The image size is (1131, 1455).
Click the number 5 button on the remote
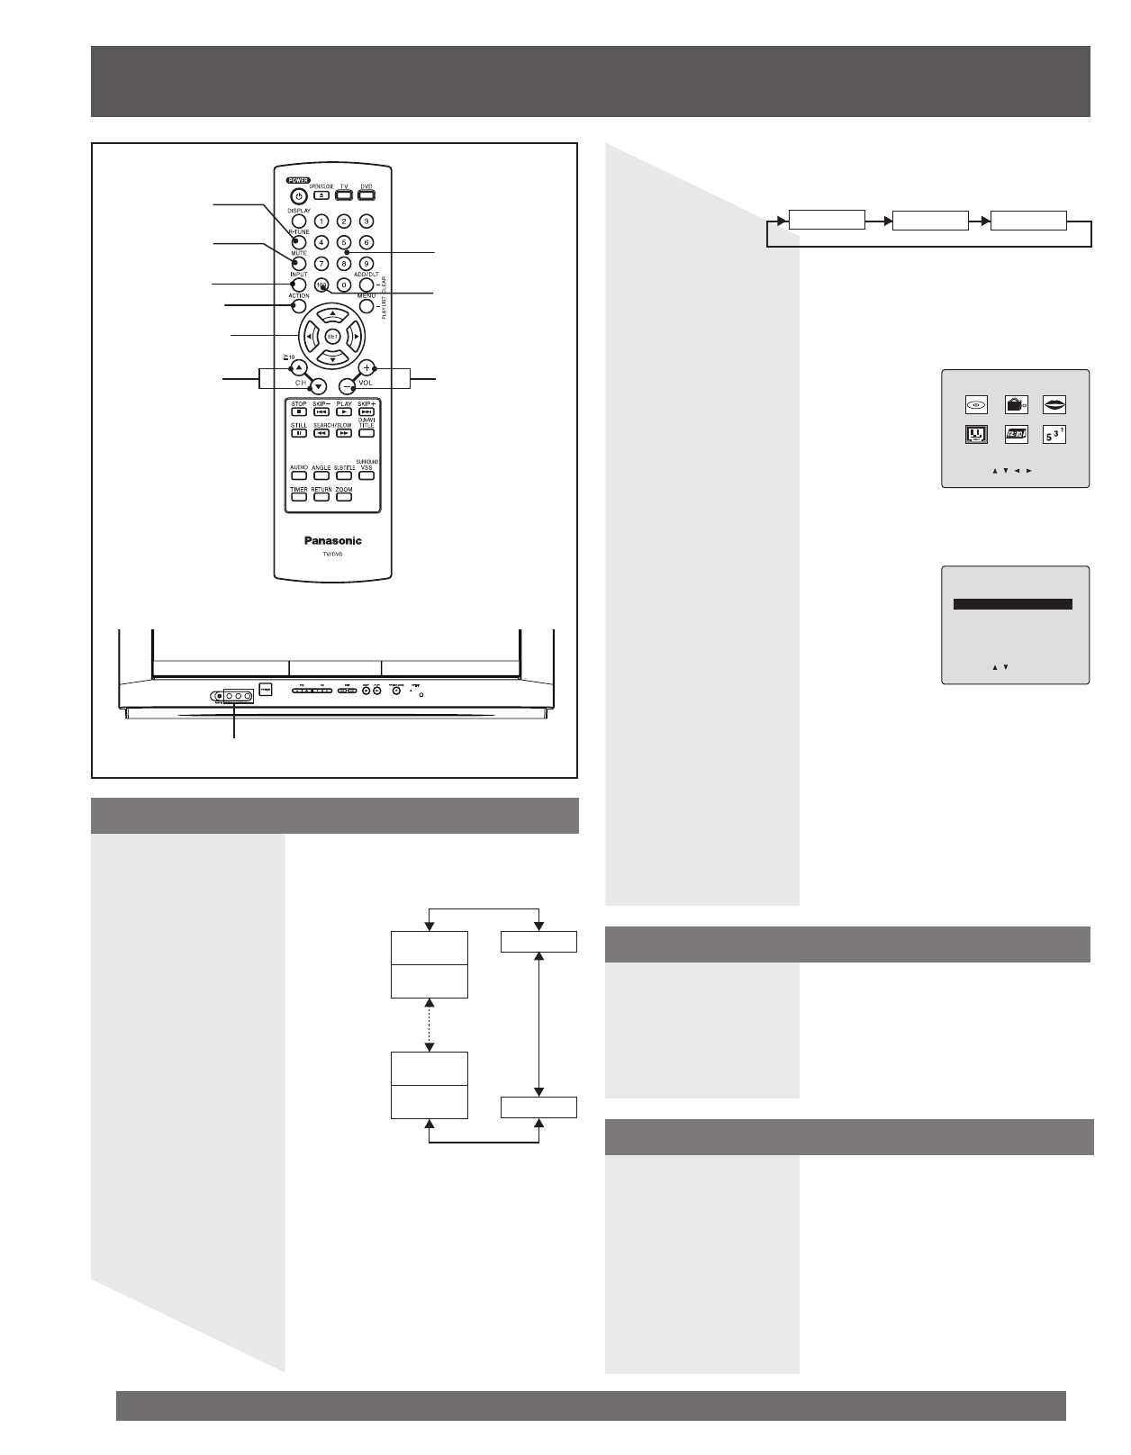point(343,242)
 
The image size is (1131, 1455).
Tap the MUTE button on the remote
point(299,264)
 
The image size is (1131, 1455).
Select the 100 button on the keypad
point(321,285)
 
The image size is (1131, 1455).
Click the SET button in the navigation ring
point(332,337)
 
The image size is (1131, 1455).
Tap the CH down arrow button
point(318,386)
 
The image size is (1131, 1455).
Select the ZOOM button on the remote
point(344,497)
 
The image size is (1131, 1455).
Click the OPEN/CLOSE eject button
point(321,194)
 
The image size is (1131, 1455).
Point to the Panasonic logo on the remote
point(332,540)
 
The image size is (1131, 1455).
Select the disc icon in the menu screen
point(977,405)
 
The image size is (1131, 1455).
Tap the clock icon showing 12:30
point(1016,434)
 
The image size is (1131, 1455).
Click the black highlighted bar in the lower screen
point(1012,605)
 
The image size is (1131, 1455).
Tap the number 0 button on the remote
point(343,285)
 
